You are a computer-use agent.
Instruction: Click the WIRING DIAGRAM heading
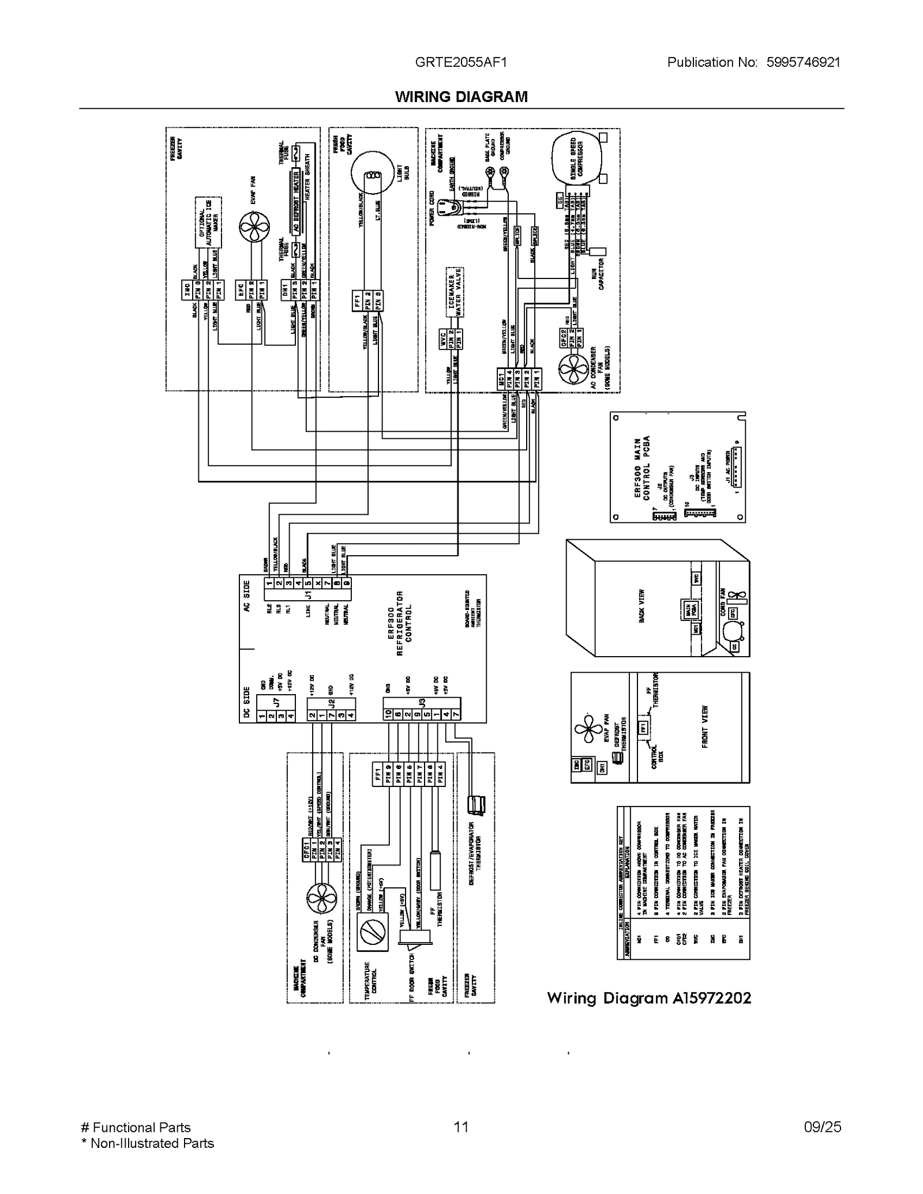(461, 97)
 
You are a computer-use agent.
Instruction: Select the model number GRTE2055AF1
(461, 62)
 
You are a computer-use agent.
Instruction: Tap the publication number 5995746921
(803, 62)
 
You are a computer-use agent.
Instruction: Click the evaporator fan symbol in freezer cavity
(254, 227)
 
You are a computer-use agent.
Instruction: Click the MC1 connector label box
(501, 379)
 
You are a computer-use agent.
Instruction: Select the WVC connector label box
(443, 339)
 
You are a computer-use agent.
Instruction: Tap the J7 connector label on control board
(276, 703)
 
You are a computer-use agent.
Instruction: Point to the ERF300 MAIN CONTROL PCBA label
(641, 467)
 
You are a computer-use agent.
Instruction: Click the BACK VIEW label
(641, 606)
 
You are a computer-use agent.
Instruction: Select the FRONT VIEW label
(704, 727)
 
